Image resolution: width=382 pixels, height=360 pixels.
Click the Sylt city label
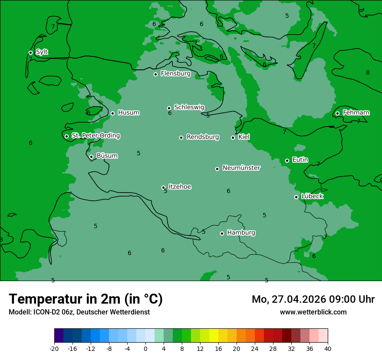coord(42,52)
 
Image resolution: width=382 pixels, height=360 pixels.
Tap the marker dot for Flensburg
coord(155,74)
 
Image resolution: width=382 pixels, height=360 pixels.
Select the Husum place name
coord(128,113)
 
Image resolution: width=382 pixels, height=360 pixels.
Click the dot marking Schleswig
coord(169,108)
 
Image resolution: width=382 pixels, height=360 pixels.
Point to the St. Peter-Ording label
coord(95,136)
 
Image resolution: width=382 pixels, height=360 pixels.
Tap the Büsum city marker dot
coord(91,157)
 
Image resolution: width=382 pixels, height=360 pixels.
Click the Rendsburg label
coord(203,137)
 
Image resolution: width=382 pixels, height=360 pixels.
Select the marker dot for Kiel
coord(233,137)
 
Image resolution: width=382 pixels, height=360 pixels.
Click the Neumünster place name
coord(241,168)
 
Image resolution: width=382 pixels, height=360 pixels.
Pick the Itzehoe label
coord(180,187)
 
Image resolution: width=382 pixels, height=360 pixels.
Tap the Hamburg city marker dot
coord(222,233)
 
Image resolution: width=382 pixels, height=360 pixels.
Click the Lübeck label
coord(312,196)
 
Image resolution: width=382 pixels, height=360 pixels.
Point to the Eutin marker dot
coord(287,160)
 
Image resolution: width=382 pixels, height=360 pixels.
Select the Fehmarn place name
coord(356,113)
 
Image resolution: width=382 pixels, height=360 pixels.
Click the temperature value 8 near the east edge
coord(368,73)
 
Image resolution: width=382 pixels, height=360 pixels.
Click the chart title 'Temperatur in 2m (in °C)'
coord(86,299)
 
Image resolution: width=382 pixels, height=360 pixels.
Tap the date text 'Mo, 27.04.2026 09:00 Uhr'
coord(313,299)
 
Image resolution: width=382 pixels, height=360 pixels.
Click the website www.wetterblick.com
coord(313,312)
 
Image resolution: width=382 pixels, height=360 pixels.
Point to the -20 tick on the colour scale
coord(54,348)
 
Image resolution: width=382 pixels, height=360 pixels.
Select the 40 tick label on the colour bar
coord(327,348)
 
